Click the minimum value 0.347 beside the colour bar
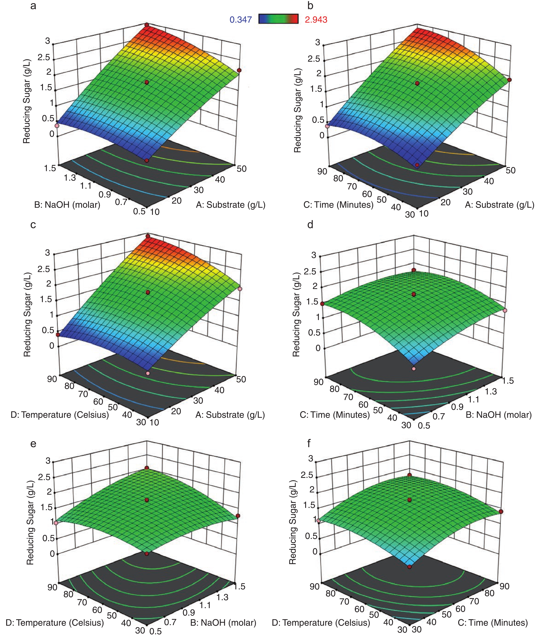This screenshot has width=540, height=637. (x=241, y=20)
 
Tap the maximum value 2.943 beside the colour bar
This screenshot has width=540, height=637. (x=316, y=20)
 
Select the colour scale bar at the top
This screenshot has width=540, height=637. (x=278, y=19)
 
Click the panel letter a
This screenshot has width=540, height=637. (x=33, y=5)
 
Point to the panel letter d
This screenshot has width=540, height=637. (x=310, y=225)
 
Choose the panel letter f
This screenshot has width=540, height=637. (x=309, y=443)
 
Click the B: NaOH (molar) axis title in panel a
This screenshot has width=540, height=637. (x=67, y=204)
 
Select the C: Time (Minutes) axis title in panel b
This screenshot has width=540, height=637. (x=338, y=204)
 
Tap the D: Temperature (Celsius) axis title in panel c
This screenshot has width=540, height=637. (x=60, y=415)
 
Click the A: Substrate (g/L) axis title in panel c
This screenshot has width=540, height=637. (x=230, y=415)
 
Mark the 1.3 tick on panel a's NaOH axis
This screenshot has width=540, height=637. (x=70, y=178)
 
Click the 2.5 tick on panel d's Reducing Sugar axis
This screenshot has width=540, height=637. (x=310, y=271)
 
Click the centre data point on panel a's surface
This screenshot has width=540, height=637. (x=147, y=82)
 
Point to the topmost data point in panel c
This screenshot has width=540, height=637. (x=148, y=236)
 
